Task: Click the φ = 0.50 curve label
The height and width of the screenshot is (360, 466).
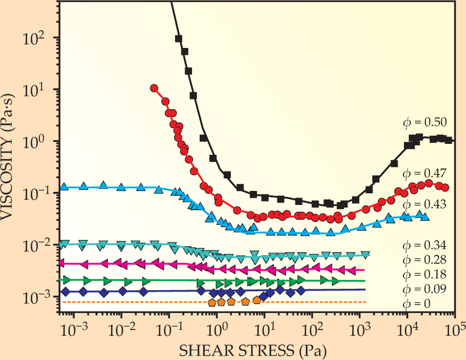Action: [425, 122]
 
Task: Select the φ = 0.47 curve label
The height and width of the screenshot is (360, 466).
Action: [425, 172]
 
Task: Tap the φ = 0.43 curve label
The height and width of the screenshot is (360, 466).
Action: [425, 204]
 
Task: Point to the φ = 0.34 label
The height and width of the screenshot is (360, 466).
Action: [425, 244]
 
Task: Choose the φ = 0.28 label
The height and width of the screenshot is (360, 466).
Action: [425, 259]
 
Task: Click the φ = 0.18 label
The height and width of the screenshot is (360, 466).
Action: [425, 275]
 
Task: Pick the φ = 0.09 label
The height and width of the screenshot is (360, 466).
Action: [425, 289]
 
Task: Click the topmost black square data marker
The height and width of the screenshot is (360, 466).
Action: [178, 38]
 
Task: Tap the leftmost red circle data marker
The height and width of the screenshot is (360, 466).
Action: [154, 88]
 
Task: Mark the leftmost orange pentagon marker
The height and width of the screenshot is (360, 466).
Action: [212, 303]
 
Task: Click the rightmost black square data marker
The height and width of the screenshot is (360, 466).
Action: [449, 141]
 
